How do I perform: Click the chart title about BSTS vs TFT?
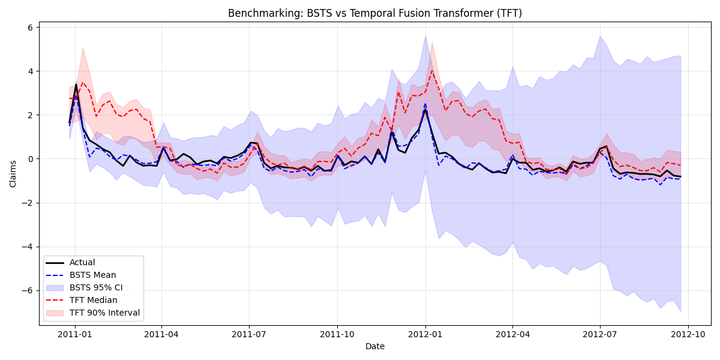coord(375,13)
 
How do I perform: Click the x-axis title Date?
coord(375,346)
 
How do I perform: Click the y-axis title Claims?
coord(13,173)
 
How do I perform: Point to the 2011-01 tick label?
coord(74,334)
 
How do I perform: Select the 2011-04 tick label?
coord(162,334)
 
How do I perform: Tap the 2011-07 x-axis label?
coord(250,334)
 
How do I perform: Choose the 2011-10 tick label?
coord(337,334)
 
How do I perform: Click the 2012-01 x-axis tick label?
coord(425,334)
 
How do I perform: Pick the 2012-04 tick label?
coord(512,334)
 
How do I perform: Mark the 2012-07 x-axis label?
coord(600,334)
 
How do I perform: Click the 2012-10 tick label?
coord(688,334)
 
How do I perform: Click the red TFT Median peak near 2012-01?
coord(431,71)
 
